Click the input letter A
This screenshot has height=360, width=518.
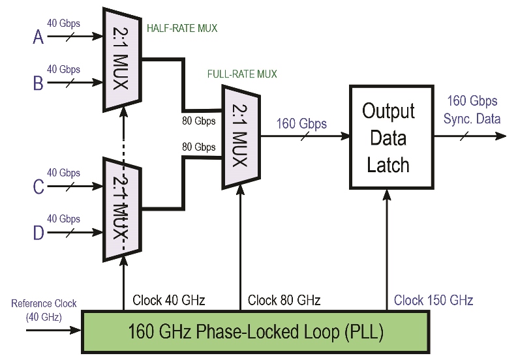(x=38, y=38)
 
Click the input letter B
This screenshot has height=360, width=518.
(x=38, y=83)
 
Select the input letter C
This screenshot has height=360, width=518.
(x=38, y=187)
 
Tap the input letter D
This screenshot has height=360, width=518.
(x=38, y=232)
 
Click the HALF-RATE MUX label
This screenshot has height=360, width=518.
(x=182, y=29)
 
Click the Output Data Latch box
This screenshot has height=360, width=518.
(x=389, y=137)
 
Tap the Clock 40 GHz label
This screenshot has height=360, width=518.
(x=169, y=301)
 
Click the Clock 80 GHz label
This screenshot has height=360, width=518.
(x=284, y=301)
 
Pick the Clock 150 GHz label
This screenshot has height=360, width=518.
(x=434, y=301)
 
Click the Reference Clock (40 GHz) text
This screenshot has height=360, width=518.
(x=44, y=310)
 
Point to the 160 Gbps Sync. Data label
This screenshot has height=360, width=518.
(x=472, y=110)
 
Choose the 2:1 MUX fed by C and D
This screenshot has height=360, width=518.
(x=122, y=209)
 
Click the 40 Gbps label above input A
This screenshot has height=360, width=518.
(x=64, y=24)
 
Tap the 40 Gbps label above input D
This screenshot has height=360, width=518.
(x=64, y=219)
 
